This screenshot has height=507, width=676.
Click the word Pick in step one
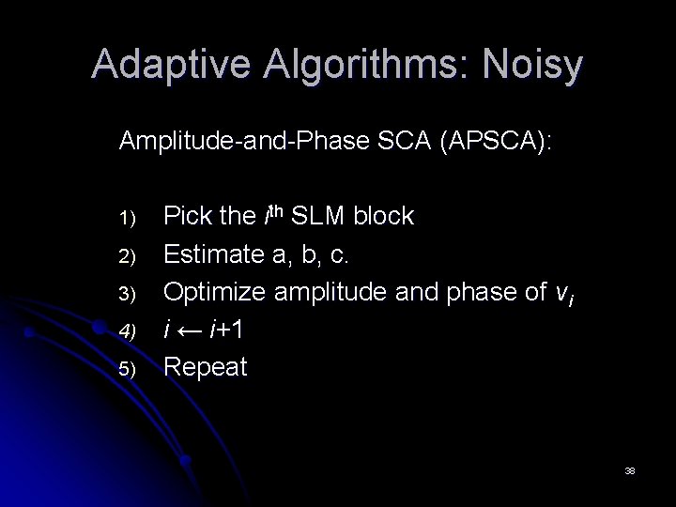click(187, 217)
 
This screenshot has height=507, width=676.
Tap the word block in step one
click(385, 217)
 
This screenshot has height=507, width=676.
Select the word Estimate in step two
click(212, 254)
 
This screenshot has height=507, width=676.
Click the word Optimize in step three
click(213, 292)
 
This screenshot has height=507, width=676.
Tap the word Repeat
click(206, 366)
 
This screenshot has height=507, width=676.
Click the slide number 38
click(630, 469)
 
